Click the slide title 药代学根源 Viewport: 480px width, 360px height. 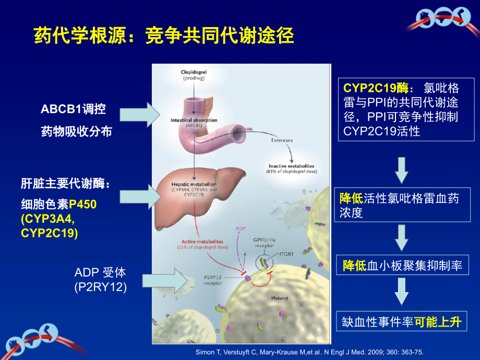click(164, 36)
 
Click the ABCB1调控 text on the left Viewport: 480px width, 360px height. click(73, 109)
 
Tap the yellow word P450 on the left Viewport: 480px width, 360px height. click(83, 205)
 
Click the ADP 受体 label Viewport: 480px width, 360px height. click(100, 272)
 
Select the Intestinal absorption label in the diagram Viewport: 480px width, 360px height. click(194, 121)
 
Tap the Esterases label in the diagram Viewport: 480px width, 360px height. click(282, 140)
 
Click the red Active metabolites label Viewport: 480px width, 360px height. click(202, 242)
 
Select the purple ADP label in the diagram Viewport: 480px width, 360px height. click(241, 229)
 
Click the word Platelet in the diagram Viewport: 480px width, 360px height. click(280, 299)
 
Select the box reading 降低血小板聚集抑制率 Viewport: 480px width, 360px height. click(401, 266)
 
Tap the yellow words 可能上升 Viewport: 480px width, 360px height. click(438, 322)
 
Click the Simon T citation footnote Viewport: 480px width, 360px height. click(309, 353)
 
